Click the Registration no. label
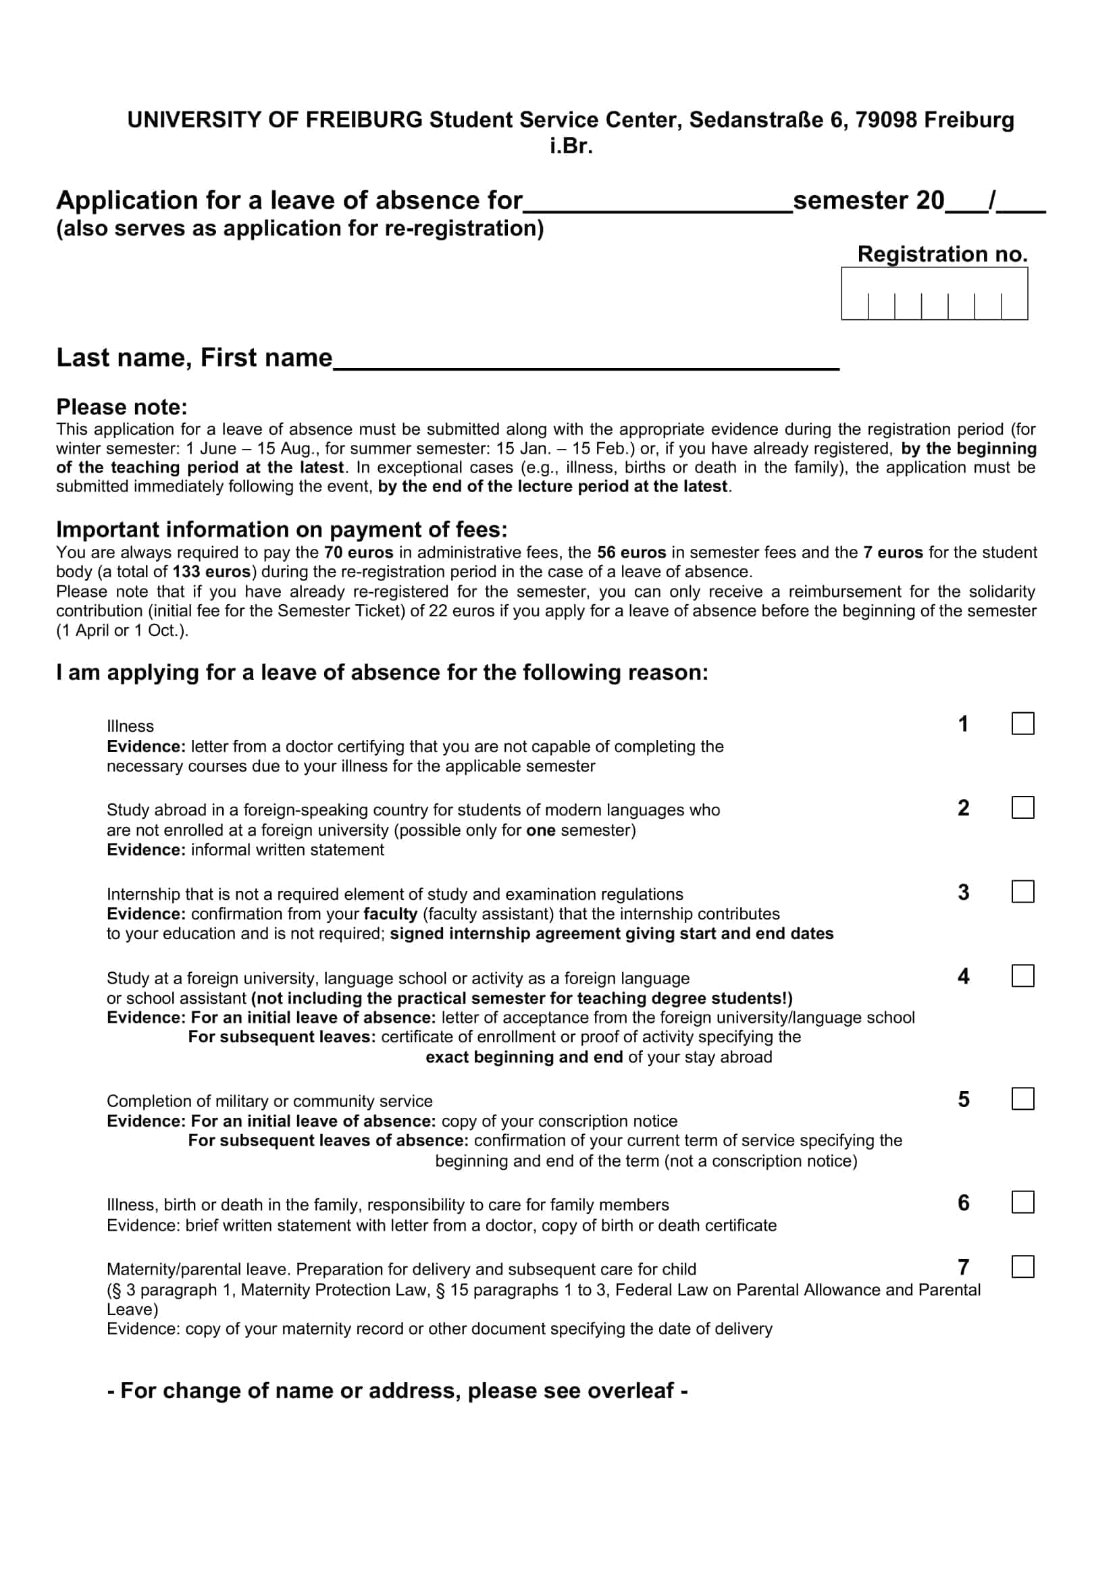941,254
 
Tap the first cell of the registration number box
855,306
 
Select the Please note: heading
122,407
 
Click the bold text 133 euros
211,572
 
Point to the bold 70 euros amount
359,553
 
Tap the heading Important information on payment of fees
282,529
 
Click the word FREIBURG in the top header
364,120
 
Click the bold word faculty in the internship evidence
390,914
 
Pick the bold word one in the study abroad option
540,830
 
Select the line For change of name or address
398,1391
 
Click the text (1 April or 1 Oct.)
122,631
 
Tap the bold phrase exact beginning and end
523,1057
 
